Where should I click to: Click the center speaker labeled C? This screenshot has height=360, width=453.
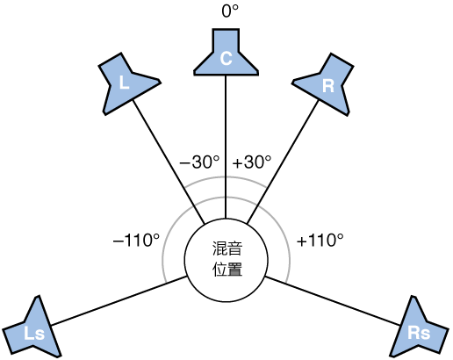pos(226,54)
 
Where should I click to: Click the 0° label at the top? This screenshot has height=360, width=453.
pos(226,12)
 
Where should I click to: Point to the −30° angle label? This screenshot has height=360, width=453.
pos(198,162)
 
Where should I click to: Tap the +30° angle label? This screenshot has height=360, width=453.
pos(252,162)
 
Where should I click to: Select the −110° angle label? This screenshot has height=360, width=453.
pos(137,239)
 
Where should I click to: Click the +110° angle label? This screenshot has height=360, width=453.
pos(320,239)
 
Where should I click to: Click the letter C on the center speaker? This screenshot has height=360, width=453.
pos(226,59)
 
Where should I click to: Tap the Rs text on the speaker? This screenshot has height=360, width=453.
pos(419,333)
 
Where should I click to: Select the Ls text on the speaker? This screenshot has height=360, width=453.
pos(34,334)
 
